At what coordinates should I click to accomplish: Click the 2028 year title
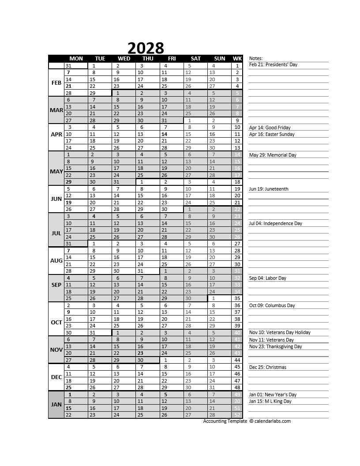click(146, 48)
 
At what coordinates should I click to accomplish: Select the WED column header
click(124, 59)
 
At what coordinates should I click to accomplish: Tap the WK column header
click(237, 59)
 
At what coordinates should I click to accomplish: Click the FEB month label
click(56, 83)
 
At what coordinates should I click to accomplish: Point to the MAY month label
click(56, 172)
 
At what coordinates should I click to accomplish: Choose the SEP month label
click(56, 285)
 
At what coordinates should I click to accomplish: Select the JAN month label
click(56, 405)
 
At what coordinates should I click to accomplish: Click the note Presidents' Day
click(273, 65)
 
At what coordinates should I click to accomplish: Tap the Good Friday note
click(270, 128)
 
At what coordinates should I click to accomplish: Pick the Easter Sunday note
click(271, 134)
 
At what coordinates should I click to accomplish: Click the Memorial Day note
click(273, 155)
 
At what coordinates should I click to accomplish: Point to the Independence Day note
click(275, 223)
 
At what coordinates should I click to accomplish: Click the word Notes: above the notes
click(256, 58)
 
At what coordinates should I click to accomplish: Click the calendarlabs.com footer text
click(272, 421)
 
